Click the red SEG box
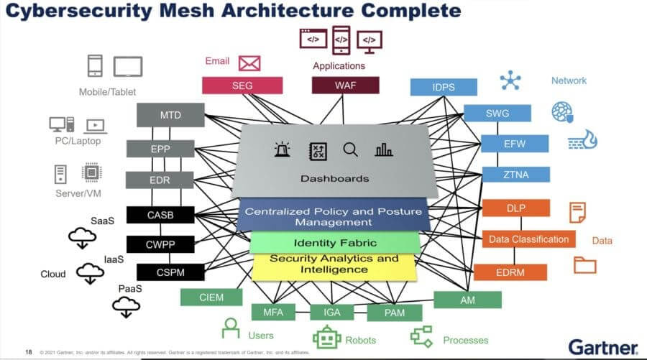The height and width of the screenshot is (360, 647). [232, 86]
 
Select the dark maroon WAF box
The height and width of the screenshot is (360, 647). [344, 86]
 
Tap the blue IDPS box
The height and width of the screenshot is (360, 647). [444, 87]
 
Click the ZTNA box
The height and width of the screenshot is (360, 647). [515, 174]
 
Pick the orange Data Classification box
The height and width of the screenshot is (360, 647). [528, 239]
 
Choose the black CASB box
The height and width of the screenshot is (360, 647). [160, 214]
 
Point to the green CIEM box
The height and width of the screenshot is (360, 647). [211, 297]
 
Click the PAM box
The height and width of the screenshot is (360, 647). [395, 313]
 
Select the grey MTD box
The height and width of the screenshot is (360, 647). [170, 115]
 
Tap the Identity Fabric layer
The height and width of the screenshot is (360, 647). [335, 243]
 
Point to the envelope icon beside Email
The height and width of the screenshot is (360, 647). [249, 63]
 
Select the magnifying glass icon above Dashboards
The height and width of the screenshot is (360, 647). [350, 149]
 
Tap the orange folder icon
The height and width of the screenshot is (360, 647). [584, 264]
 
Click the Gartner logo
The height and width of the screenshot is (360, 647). [602, 346]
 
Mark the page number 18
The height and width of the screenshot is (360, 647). [29, 352]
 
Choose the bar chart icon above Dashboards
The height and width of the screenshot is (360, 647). [384, 149]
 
